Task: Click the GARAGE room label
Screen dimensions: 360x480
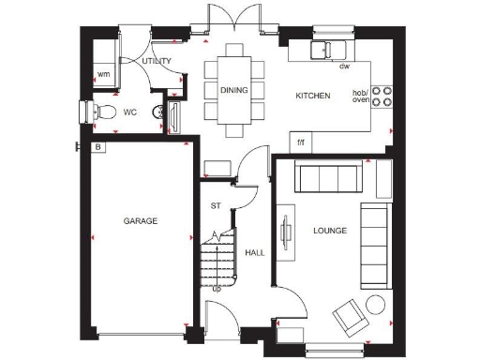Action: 140,221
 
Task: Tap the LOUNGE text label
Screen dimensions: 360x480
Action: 331,230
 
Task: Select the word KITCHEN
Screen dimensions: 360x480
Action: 312,96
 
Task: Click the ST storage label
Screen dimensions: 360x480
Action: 215,205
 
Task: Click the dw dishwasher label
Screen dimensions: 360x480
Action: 344,67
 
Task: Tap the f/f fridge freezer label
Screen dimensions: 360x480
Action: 301,142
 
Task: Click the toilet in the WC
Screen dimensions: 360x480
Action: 104,112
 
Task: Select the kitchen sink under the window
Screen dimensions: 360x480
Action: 329,49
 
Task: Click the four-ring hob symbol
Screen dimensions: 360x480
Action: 382,97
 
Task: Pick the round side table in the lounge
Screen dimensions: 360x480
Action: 377,304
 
